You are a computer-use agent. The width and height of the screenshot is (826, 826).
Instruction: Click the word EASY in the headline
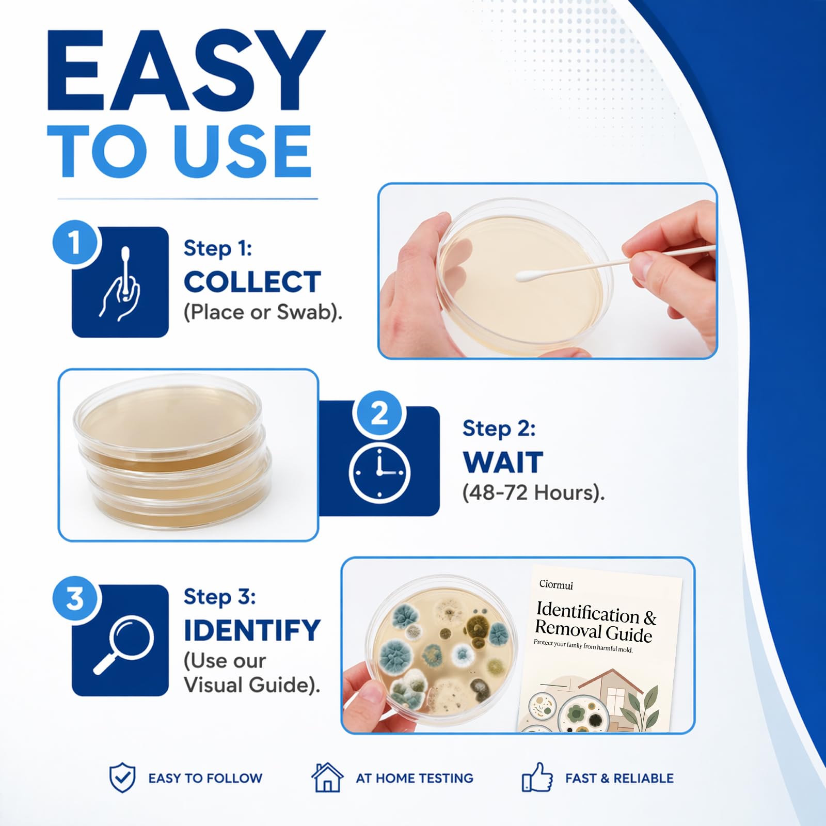186,70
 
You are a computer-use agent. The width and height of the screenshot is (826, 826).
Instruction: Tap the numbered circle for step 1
75,242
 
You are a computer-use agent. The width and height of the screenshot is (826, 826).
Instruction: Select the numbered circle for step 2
379,414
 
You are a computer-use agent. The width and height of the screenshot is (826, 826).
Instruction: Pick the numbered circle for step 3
75,599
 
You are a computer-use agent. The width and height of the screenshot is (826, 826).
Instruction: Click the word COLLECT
252,282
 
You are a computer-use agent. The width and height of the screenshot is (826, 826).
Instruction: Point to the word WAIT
503,462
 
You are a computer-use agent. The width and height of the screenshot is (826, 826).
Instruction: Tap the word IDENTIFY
252,630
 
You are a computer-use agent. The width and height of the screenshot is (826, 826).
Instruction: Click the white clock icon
379,472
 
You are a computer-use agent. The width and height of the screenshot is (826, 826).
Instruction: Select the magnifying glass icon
124,644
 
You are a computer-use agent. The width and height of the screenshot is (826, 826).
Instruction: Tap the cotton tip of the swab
528,276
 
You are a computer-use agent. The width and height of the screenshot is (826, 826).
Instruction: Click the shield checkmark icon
122,778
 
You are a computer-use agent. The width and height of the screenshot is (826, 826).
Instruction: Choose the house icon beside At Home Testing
327,777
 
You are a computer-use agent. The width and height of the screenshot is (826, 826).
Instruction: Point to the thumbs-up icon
537,777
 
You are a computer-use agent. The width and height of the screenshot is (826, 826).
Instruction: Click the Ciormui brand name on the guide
556,584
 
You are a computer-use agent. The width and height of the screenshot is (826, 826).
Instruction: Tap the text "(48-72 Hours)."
533,493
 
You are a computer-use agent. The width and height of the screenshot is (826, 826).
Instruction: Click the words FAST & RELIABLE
619,778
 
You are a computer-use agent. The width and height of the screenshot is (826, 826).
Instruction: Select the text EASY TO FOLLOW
205,778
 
